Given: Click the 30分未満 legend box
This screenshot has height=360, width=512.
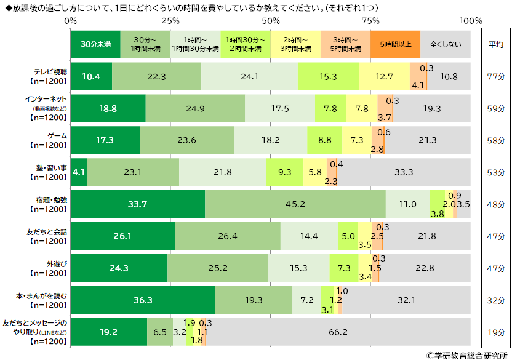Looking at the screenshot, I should [95, 44].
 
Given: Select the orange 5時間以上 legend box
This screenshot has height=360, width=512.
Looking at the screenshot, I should [395, 44].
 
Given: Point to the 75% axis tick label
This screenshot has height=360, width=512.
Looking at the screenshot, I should [370, 21].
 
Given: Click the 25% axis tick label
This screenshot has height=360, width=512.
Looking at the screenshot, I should [170, 21].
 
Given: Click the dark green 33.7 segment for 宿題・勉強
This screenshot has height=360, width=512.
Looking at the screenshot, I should [138, 204].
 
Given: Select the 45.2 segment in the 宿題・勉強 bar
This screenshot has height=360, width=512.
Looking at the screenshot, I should [295, 204].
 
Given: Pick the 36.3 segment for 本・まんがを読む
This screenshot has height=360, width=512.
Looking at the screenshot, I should [143, 300].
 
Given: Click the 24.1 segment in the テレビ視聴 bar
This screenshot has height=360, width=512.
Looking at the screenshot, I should [249, 76].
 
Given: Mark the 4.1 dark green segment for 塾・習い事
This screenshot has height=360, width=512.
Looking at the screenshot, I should [79, 172].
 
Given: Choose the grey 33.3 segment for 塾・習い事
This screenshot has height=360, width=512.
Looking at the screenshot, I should [404, 172].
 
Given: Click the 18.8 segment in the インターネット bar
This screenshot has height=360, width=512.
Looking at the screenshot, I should [108, 108].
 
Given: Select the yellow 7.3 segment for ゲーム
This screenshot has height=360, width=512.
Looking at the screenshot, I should [356, 140].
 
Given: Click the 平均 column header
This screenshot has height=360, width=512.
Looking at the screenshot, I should [496, 44].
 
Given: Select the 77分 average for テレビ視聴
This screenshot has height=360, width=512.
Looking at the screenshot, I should [496, 76].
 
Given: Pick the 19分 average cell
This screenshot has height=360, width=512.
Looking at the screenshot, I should [496, 332].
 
